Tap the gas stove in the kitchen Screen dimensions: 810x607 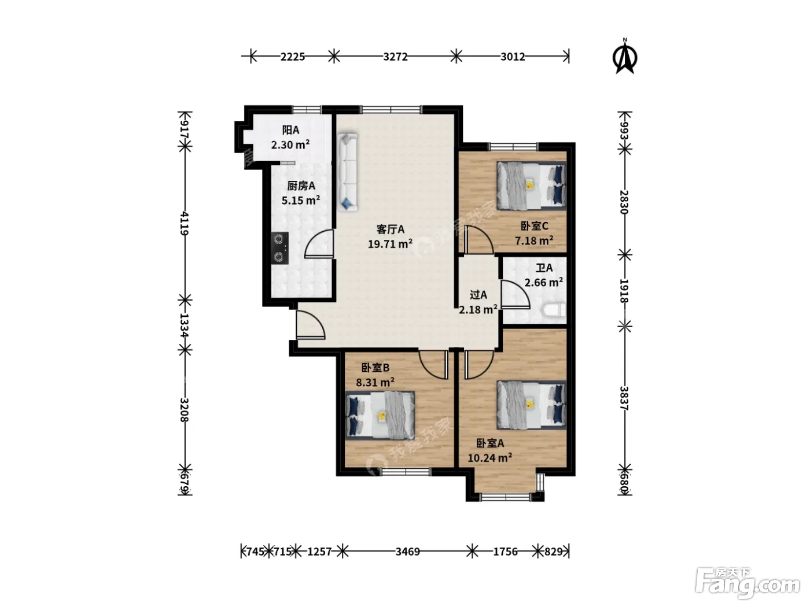[x=279, y=247]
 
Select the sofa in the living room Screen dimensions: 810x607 [x=347, y=172]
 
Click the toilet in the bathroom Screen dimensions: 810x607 [x=554, y=310]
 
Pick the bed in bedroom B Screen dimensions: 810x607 [x=380, y=415]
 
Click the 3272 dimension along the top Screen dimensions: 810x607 [x=395, y=57]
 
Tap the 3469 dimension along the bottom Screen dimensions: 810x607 [x=407, y=552]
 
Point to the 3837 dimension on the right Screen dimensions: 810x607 [x=624, y=398]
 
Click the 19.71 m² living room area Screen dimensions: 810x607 [x=390, y=243]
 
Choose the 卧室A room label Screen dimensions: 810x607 [x=490, y=443]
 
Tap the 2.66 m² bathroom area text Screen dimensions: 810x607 [x=543, y=282]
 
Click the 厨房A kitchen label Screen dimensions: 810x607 [x=301, y=186]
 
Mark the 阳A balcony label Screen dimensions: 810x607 [x=290, y=129]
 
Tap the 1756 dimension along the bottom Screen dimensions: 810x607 [x=505, y=552]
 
